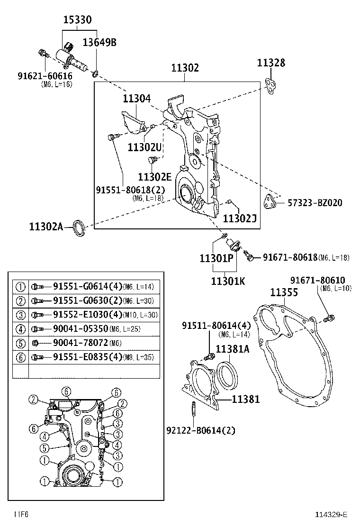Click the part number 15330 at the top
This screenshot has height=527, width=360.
point(78,20)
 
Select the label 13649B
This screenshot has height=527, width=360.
point(99,43)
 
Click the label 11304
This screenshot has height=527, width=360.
point(136,99)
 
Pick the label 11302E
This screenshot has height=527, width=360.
point(154,176)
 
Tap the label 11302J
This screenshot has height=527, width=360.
point(239,218)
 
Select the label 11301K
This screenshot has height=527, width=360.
point(228,281)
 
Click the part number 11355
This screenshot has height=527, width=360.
point(284,292)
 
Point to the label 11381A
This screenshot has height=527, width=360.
point(233,349)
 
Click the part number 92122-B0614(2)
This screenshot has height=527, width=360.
point(201,430)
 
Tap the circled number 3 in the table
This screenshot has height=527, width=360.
point(20,315)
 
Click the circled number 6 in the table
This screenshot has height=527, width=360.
point(20,357)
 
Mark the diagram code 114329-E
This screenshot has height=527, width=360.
point(332,515)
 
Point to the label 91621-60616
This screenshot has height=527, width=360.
point(45,76)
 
